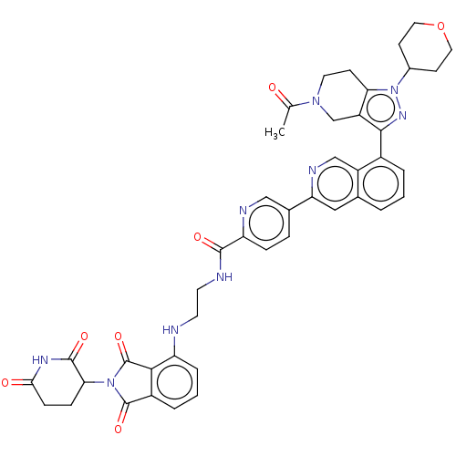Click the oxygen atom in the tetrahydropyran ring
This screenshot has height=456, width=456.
(x=440, y=26)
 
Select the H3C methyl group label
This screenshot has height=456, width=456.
(x=275, y=133)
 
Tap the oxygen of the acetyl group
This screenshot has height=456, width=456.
(x=273, y=88)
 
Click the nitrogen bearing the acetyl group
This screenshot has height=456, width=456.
(x=316, y=101)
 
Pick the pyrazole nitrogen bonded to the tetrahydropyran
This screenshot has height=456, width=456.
(x=394, y=90)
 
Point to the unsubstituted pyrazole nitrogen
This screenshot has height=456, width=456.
(x=402, y=116)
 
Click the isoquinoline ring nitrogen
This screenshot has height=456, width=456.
(x=312, y=171)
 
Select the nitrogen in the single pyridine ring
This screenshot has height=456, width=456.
(x=243, y=211)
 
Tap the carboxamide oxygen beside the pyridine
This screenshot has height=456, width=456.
(x=198, y=237)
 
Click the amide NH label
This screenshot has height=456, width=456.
(x=224, y=277)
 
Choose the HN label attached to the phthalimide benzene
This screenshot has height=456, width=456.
(x=171, y=330)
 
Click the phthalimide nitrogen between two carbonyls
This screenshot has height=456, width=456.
(x=110, y=383)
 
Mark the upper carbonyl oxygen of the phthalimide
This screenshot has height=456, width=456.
(x=119, y=337)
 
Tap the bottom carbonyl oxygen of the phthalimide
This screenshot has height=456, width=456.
(x=119, y=429)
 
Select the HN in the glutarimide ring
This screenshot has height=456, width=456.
(x=40, y=360)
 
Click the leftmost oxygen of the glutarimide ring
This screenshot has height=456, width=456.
(x=5, y=383)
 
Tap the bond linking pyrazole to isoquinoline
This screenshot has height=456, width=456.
(x=381, y=143)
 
